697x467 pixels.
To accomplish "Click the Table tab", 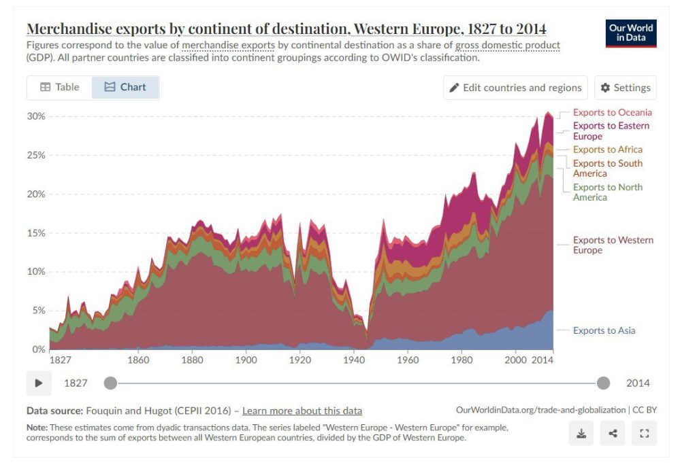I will [60, 87].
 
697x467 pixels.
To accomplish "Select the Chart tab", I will [125, 87].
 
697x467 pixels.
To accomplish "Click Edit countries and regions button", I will [515, 88].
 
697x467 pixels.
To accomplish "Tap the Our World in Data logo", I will [631, 33].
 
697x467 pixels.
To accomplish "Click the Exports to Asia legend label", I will [604, 330].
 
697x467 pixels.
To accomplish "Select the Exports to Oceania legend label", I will [612, 112].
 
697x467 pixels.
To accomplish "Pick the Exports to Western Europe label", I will [613, 245].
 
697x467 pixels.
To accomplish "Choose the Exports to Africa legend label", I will [607, 149].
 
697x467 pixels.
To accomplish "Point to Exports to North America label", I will [607, 192].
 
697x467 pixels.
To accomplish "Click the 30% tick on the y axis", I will [36, 116].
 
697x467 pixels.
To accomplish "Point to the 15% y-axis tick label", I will [36, 233].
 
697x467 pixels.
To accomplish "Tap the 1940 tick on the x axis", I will [354, 360].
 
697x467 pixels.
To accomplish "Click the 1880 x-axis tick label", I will [193, 360].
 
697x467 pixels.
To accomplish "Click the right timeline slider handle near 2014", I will [603, 383].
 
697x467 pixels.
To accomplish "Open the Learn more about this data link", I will [302, 411].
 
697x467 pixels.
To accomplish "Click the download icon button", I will [581, 433].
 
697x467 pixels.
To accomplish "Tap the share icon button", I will [613, 433].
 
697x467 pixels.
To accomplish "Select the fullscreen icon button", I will [644, 433].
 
